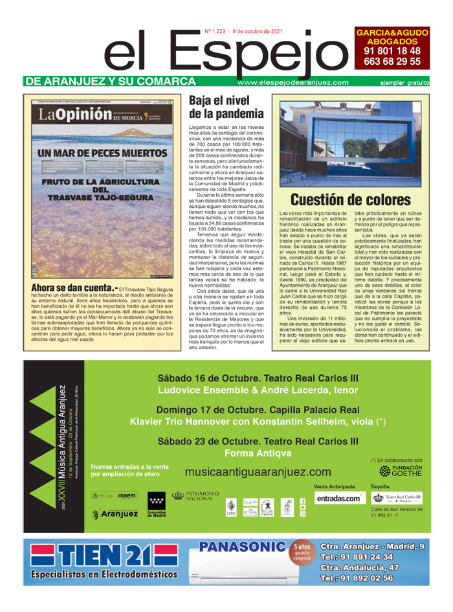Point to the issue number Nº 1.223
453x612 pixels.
click(x=218, y=30)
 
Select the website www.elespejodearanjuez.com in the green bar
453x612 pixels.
click(x=293, y=82)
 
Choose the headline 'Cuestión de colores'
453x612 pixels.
click(x=350, y=199)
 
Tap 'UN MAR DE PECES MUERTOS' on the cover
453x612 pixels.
click(x=102, y=153)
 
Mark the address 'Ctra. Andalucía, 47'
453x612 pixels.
click(x=368, y=568)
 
